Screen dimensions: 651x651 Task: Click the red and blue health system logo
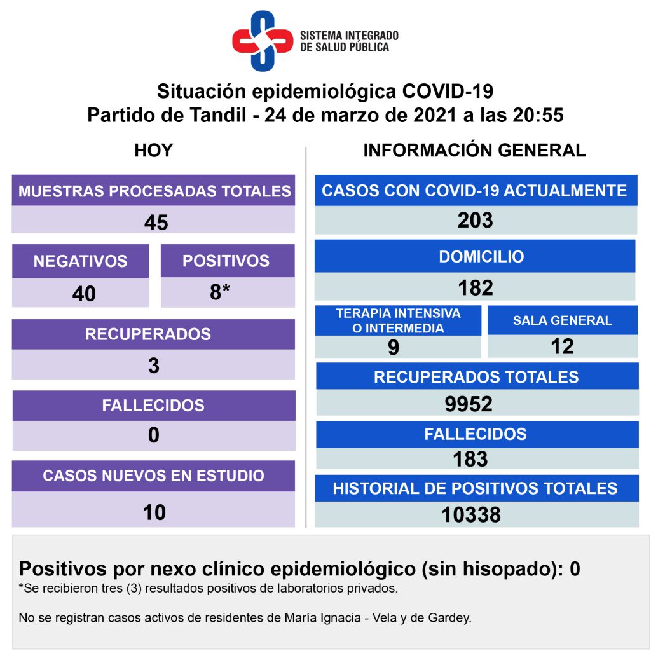[262, 40]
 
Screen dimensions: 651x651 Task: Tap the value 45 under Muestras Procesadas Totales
[156, 222]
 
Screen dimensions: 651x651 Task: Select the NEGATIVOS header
[80, 261]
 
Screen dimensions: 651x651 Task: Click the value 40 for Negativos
[84, 294]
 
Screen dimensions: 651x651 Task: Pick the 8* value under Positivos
[220, 292]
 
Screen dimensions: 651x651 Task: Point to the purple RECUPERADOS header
[153, 334]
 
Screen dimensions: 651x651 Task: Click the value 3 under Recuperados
[153, 366]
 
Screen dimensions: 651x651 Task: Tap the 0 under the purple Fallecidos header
[153, 435]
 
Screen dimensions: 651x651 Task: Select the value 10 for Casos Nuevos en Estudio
[154, 512]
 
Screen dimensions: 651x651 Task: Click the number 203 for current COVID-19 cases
[475, 220]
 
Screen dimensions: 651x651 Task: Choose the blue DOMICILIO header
[481, 256]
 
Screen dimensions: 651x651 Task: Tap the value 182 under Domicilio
[476, 287]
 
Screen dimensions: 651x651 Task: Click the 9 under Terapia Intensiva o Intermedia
[394, 347]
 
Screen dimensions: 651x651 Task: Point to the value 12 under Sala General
[563, 346]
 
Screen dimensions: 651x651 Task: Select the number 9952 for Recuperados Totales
[469, 404]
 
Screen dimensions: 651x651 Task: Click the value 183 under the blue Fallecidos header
[470, 458]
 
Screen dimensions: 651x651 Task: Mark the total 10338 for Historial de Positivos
[471, 514]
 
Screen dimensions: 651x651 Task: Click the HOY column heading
[154, 151]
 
